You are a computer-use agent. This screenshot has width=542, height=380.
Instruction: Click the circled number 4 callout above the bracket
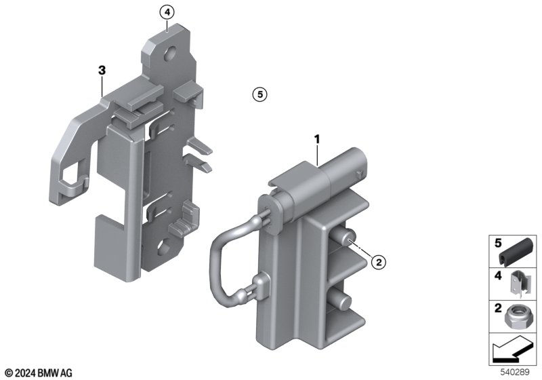167,12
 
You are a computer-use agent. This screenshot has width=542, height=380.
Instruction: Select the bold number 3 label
102,71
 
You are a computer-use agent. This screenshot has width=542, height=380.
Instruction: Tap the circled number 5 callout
260,94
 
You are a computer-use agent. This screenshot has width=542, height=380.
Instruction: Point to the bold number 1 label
316,140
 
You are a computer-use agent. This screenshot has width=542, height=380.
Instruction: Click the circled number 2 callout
379,262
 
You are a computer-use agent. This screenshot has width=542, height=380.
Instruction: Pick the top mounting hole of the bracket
171,54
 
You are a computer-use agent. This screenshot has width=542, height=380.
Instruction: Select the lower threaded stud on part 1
341,300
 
